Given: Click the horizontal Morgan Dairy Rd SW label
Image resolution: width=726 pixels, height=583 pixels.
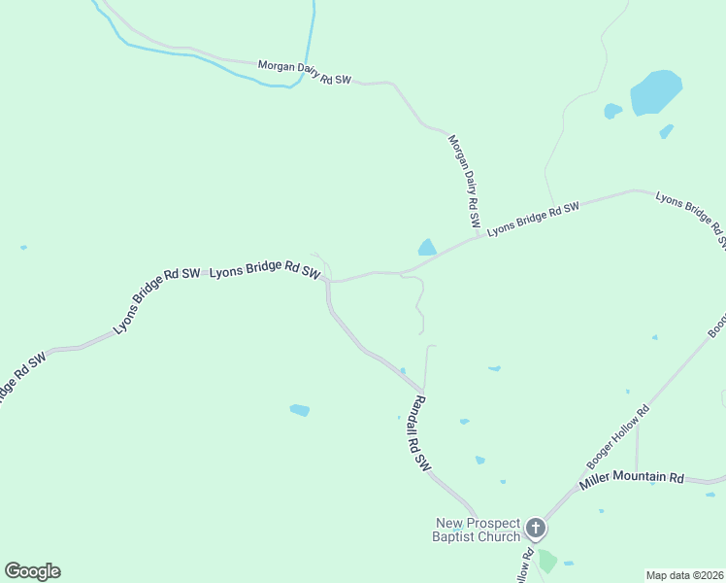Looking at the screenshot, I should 304,73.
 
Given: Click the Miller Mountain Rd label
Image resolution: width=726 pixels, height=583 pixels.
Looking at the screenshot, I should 632,479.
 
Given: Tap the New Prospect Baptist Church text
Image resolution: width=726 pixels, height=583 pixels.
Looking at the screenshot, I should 477,530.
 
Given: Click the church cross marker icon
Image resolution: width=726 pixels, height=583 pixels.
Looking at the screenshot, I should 535,529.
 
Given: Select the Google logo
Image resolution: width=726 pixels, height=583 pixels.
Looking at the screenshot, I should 32,571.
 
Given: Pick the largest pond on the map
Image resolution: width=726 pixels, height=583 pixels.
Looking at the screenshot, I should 656,92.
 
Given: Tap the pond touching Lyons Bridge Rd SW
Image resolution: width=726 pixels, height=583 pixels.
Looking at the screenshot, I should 427,248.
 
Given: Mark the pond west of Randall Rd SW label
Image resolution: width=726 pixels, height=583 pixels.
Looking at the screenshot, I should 299,410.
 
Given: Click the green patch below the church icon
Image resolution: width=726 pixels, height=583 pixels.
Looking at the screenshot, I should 547,561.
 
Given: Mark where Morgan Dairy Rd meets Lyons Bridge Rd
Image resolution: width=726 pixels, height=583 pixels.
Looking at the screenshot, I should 481,234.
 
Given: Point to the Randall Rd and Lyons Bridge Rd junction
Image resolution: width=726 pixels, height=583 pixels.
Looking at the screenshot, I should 329,282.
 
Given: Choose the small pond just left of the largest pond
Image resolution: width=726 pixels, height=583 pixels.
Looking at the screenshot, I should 612,111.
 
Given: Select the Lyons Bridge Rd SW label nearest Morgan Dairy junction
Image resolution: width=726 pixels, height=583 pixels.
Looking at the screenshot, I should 533,219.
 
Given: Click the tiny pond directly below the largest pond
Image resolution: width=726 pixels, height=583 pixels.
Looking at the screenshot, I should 666,131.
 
